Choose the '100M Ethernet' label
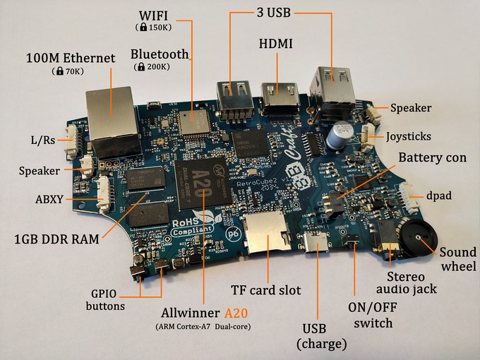(x=70, y=58)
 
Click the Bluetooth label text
(x=160, y=54)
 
